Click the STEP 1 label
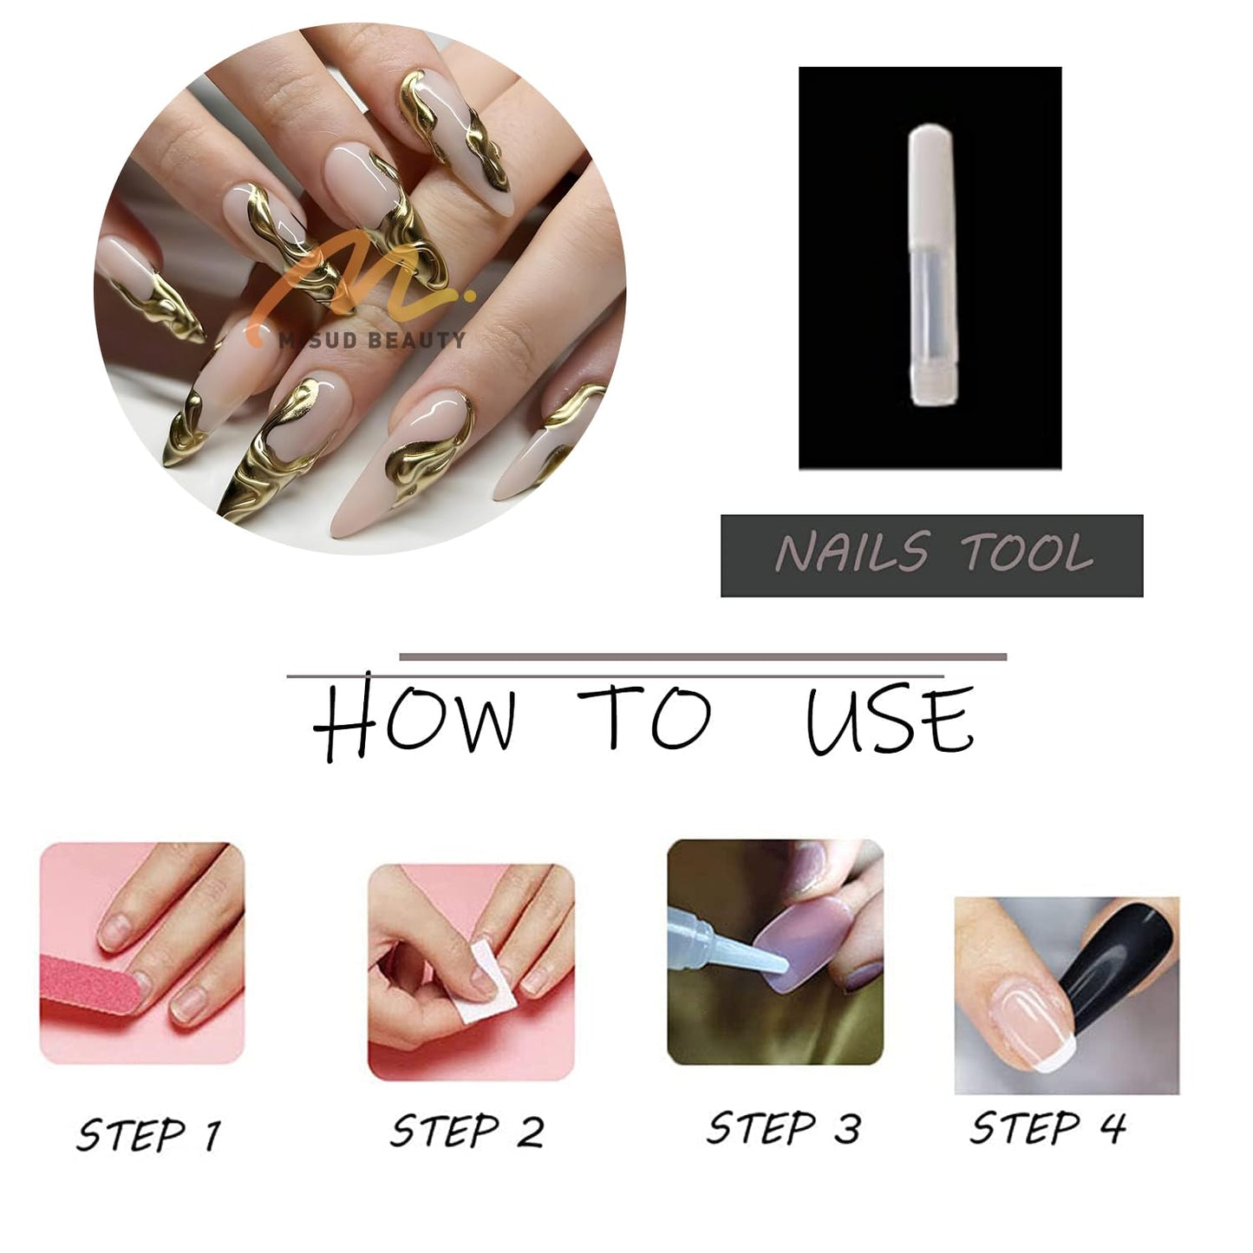point(148,1135)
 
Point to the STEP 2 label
point(467,1131)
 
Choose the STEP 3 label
point(783,1128)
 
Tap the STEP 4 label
point(1047,1128)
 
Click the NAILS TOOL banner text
point(932,555)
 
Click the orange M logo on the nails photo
point(347,282)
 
